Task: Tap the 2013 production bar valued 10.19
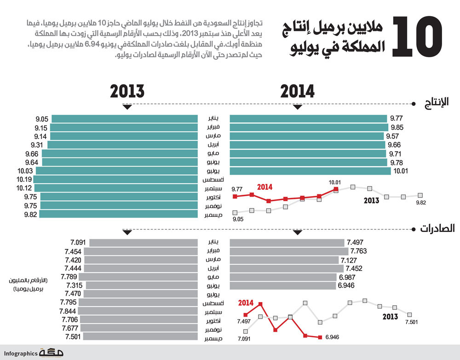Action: [x=115, y=179]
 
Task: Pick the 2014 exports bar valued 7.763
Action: [x=288, y=251]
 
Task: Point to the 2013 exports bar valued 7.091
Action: [x=143, y=243]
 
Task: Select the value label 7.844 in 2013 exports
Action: [x=68, y=312]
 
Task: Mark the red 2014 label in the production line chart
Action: [x=265, y=187]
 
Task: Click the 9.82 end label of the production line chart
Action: [x=421, y=203]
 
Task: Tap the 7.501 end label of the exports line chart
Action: [x=412, y=322]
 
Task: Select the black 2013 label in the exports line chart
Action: [x=390, y=316]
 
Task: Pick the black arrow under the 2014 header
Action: [x=298, y=107]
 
